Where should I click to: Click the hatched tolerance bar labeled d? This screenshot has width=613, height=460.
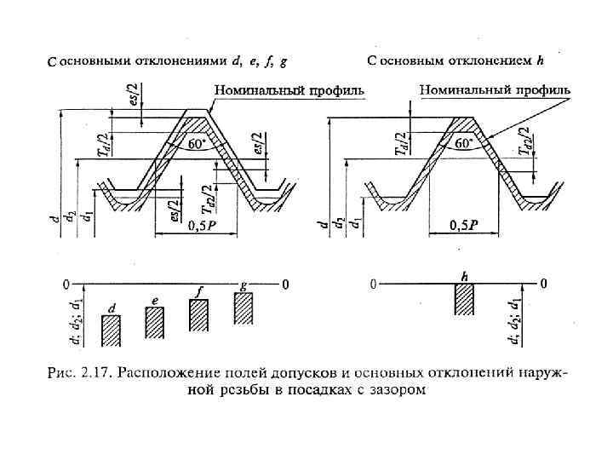pyautogui.click(x=112, y=330)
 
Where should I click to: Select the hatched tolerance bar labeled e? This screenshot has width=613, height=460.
pyautogui.click(x=154, y=322)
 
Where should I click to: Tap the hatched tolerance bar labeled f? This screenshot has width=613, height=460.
pyautogui.click(x=199, y=314)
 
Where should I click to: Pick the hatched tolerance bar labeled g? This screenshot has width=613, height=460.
pyautogui.click(x=244, y=308)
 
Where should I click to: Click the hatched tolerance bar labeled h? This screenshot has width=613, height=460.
pyautogui.click(x=464, y=299)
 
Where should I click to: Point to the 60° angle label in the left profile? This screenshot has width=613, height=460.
pyautogui.click(x=198, y=145)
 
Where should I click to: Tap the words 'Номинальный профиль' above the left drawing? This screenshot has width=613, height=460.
pyautogui.click(x=289, y=89)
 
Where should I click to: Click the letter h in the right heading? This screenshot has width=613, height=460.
pyautogui.click(x=540, y=60)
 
